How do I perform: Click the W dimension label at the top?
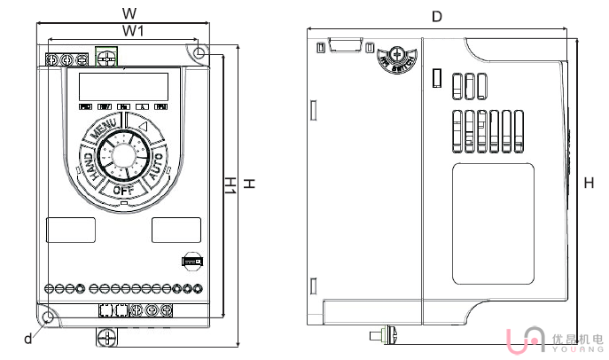coord(129,13)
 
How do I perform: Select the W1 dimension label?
coord(133,31)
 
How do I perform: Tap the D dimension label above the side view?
coord(436,17)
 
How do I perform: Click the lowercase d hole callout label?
coord(27,338)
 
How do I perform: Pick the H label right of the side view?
coord(589,183)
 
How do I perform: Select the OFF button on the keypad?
coord(123,189)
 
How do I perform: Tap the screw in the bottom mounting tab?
coord(106,337)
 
